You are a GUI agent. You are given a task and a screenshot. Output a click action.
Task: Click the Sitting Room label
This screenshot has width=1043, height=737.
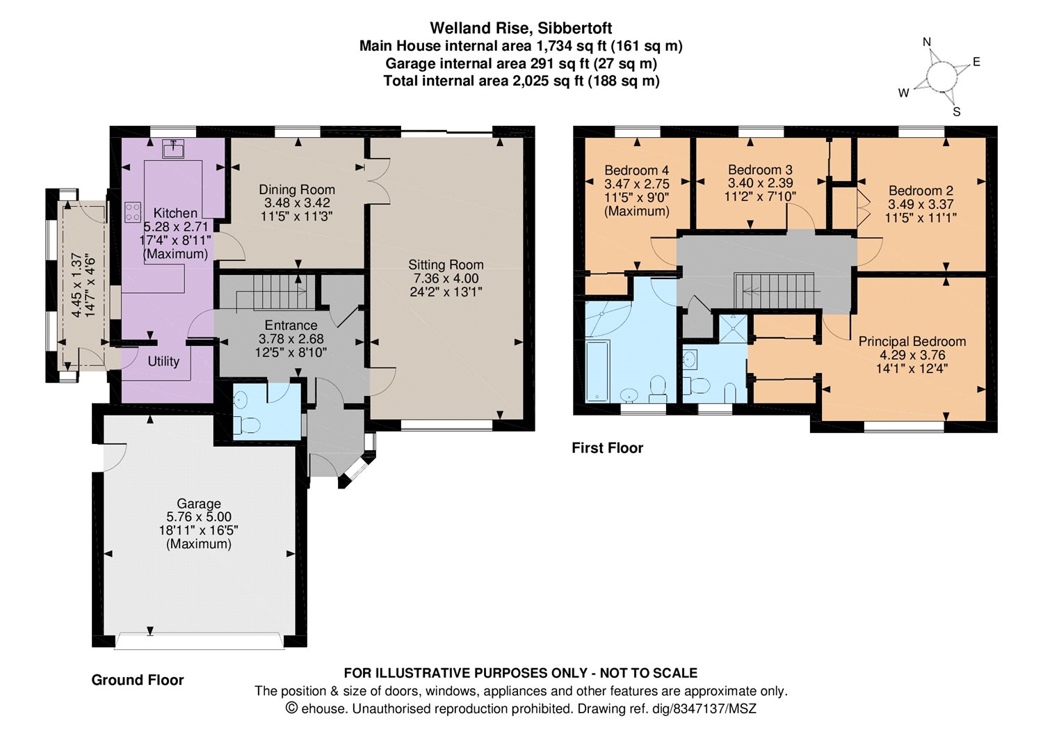click(446, 264)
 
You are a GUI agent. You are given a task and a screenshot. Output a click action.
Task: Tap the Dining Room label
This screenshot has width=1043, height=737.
click(297, 190)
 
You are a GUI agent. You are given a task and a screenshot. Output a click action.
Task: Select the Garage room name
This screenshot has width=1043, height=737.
click(199, 503)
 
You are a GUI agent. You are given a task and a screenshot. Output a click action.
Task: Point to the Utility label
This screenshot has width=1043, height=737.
click(163, 361)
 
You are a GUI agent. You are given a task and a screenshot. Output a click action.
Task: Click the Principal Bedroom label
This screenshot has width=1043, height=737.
click(912, 341)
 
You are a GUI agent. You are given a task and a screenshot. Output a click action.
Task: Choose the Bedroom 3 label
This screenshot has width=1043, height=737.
click(760, 169)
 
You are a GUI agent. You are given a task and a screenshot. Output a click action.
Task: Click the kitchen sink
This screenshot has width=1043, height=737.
click(172, 149)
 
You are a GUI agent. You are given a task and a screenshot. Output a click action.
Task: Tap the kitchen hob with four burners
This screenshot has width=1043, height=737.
click(134, 212)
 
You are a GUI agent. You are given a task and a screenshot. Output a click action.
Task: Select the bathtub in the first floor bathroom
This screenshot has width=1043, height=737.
click(597, 371)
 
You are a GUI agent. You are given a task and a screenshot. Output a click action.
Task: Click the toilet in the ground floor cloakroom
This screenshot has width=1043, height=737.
click(246, 425)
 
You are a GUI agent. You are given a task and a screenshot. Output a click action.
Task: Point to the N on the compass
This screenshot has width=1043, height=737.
click(927, 42)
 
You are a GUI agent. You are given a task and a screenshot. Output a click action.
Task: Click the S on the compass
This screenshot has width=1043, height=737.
click(956, 112)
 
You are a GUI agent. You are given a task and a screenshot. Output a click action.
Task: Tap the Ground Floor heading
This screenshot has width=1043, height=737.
click(138, 680)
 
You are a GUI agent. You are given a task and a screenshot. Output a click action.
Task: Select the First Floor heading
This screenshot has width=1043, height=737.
click(607, 448)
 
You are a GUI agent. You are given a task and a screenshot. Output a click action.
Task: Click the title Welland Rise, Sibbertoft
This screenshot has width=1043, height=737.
click(521, 28)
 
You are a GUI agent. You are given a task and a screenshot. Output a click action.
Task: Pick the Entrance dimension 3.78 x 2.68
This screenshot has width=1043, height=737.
click(291, 339)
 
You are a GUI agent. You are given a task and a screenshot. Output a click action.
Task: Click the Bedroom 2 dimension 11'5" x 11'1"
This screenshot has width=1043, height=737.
click(921, 218)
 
